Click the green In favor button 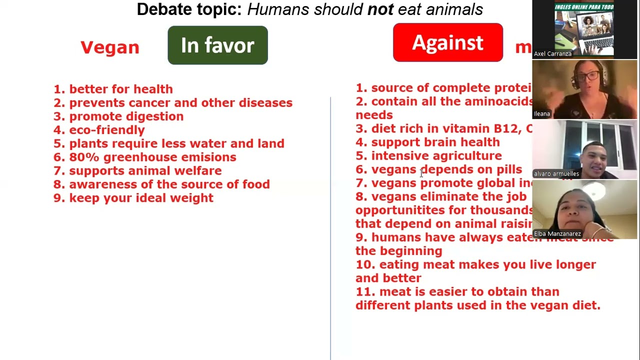click(217, 45)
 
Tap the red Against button click(447, 43)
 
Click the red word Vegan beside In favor click(110, 47)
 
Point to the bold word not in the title click(380, 9)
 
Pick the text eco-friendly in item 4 click(107, 130)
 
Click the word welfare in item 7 click(201, 171)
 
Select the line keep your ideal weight click(141, 198)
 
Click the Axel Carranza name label click(552, 54)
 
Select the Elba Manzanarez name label click(557, 234)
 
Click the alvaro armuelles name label click(556, 174)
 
